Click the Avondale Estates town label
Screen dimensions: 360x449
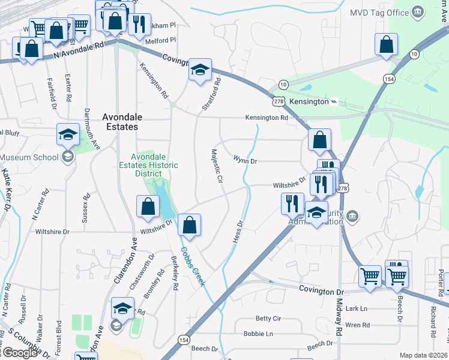pos(119,122)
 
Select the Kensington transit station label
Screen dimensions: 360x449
pos(309,102)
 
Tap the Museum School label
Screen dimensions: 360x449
pos(29,157)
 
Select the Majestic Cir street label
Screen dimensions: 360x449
pos(215,166)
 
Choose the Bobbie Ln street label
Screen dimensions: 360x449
pos(258,334)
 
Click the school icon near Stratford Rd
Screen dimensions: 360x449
pos(199,70)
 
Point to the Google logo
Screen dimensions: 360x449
pos(19,353)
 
